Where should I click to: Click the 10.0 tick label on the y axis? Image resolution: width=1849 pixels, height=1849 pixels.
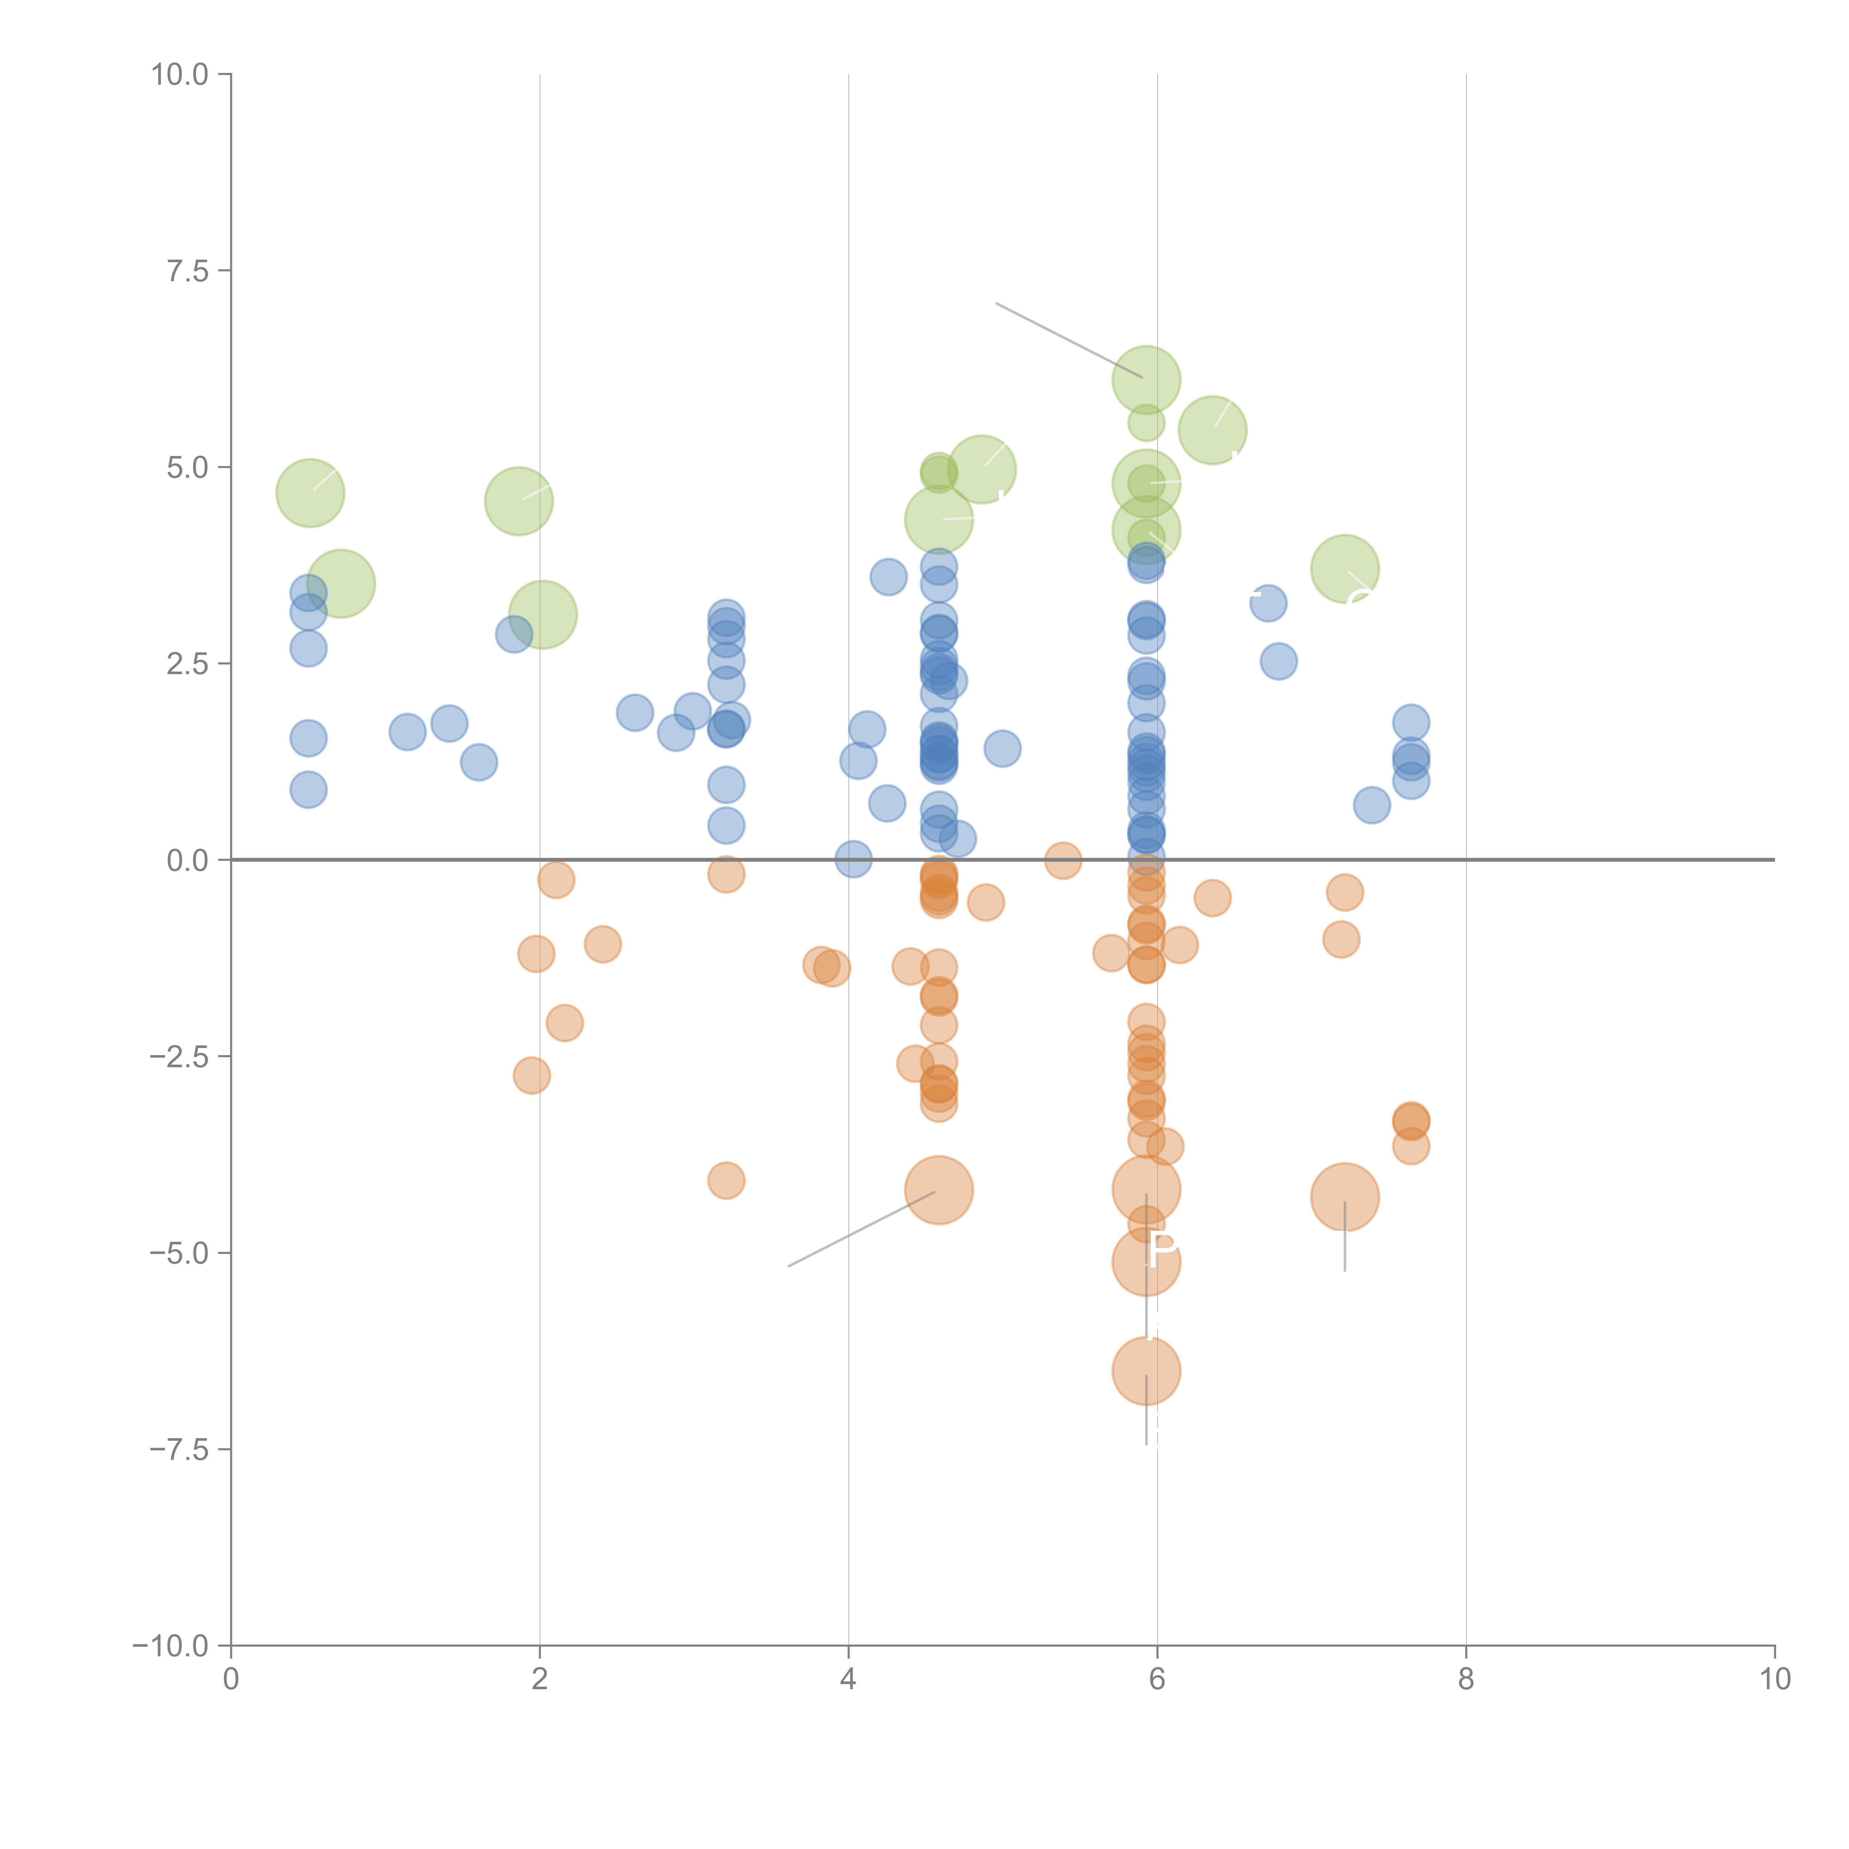tap(180, 75)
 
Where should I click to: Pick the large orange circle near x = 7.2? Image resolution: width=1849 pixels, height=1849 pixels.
tap(1345, 1197)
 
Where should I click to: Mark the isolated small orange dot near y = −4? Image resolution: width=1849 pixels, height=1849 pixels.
tap(726, 1181)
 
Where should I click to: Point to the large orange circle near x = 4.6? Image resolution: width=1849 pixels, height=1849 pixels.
tap(939, 1190)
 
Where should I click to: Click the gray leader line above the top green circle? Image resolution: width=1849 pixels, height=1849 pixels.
tap(1067, 340)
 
